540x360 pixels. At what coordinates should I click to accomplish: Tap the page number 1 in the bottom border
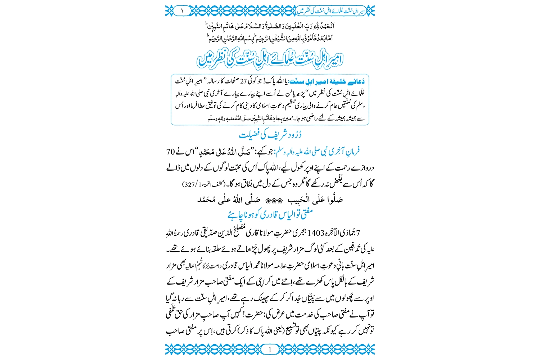pyautogui.click(x=270, y=349)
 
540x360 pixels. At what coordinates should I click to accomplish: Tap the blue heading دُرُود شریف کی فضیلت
pyautogui.click(x=270, y=135)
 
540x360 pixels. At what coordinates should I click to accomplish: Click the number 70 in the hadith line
pyautogui.click(x=170, y=152)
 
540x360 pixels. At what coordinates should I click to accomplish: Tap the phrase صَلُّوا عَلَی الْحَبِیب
pyautogui.click(x=316, y=200)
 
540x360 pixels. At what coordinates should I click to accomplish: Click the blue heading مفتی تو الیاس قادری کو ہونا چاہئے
pyautogui.click(x=270, y=215)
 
